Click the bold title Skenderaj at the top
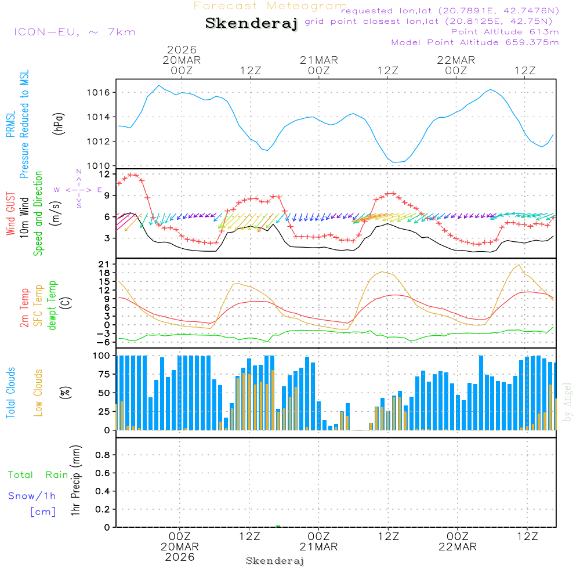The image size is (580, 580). [251, 24]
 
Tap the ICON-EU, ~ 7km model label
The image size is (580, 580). [74, 32]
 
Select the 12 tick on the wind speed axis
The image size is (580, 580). [104, 174]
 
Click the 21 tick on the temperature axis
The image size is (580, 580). [104, 264]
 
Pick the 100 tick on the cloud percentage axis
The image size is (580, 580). [102, 356]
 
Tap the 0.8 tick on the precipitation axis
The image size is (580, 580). [102, 455]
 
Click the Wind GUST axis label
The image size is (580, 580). [10, 215]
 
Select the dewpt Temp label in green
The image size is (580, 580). [52, 305]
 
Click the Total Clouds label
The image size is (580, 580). [10, 392]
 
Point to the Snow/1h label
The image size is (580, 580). [32, 496]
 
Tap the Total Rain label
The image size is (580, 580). [38, 474]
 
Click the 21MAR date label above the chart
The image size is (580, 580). [318, 60]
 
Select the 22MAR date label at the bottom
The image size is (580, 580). [457, 547]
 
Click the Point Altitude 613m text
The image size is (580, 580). [505, 32]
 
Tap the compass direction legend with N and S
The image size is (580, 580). [78, 190]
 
